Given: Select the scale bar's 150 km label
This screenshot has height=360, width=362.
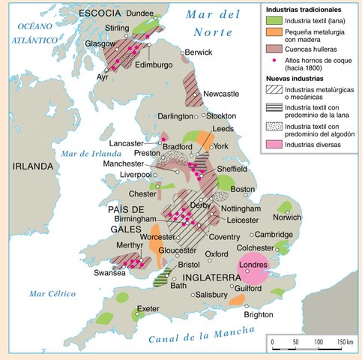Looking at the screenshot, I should (x=344, y=342).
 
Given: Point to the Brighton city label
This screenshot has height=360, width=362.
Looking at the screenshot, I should (x=259, y=315).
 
